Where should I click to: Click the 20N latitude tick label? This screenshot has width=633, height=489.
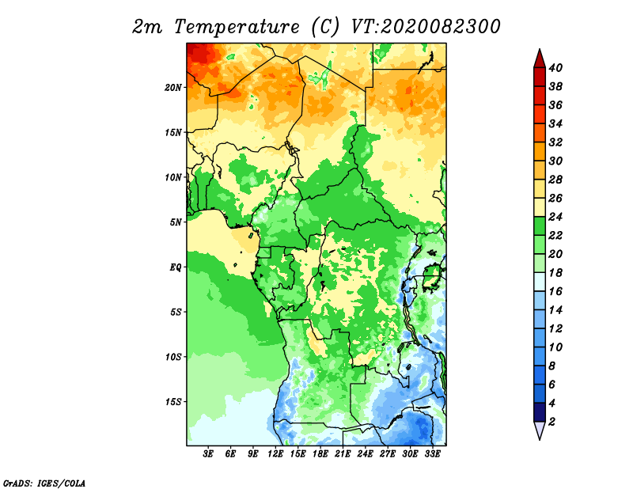(172, 88)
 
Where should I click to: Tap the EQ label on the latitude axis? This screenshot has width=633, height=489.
(175, 267)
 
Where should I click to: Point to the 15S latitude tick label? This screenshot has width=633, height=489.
(173, 402)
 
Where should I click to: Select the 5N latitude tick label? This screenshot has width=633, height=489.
(175, 222)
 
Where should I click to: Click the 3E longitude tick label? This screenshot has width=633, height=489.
(208, 454)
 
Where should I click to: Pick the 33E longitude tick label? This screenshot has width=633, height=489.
(432, 454)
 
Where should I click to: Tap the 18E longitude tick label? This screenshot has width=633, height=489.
(320, 454)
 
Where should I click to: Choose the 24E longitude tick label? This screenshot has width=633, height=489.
(365, 454)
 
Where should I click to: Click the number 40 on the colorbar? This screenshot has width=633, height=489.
(555, 68)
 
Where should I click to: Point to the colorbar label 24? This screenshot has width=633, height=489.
(555, 217)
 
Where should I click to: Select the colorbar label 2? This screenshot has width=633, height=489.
(552, 422)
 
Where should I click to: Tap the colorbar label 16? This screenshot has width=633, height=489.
(555, 291)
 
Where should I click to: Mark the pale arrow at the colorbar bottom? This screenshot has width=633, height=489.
(540, 430)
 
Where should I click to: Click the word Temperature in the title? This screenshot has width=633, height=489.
(237, 27)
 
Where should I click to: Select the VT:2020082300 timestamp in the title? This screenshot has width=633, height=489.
(426, 27)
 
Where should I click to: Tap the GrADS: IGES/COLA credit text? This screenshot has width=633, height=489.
(44, 483)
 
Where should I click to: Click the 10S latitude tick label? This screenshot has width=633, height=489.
(173, 357)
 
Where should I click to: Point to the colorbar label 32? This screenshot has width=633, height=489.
(555, 142)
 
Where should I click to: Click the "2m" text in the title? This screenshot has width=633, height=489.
(147, 27)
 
